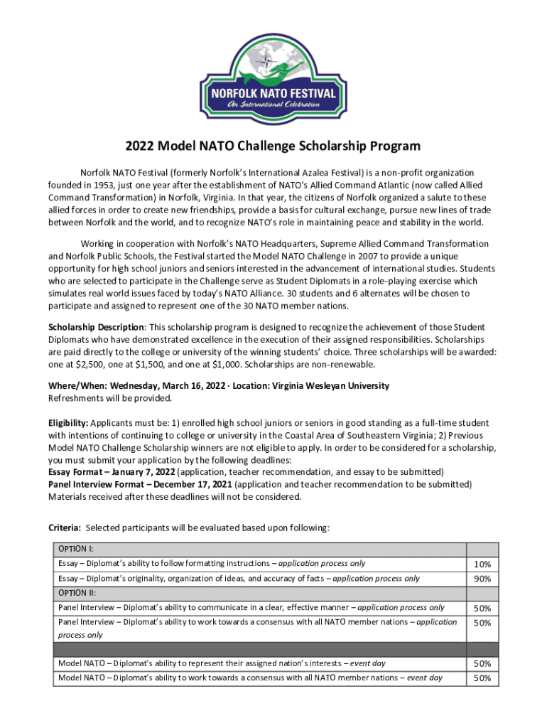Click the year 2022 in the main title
pos(140,146)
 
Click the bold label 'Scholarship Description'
pos(96,326)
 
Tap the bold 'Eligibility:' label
pos(69,423)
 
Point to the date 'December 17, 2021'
pos(190,485)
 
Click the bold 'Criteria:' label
pos(65,528)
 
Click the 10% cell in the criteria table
pos(482,564)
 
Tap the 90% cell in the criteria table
pos(482,579)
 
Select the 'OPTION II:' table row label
pos(77,593)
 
